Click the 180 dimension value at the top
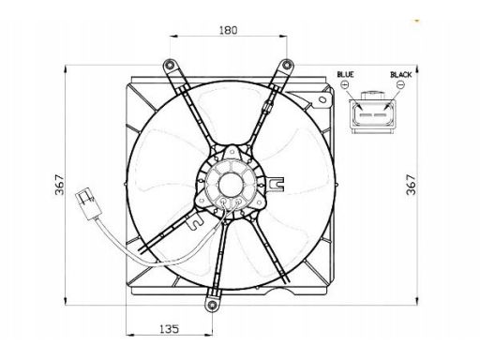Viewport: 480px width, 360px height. pyautogui.click(x=228, y=30)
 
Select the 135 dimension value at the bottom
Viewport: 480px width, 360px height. pyautogui.click(x=170, y=329)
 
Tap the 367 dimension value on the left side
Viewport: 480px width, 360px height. pyautogui.click(x=60, y=185)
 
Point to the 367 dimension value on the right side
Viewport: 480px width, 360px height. pyautogui.click(x=411, y=185)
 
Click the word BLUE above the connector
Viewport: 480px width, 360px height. pyautogui.click(x=345, y=74)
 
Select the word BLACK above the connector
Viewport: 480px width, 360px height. pyautogui.click(x=401, y=74)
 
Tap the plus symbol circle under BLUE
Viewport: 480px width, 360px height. pyautogui.click(x=345, y=84)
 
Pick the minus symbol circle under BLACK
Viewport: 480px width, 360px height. pyautogui.click(x=400, y=84)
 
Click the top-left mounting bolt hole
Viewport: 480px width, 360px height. pyautogui.click(x=170, y=65)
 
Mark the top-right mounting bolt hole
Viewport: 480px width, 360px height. pyautogui.click(x=287, y=65)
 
